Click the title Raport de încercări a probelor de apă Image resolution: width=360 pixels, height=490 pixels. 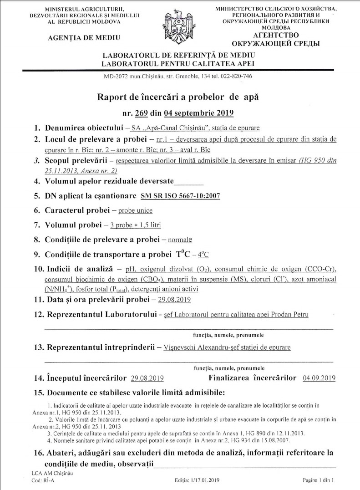coord(180,97)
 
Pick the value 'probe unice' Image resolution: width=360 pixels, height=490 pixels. coord(135,210)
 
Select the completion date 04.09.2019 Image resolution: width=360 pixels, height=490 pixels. coord(319,378)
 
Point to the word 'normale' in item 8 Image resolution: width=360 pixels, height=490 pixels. coord(180,240)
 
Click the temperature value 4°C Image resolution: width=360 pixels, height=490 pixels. coord(206,254)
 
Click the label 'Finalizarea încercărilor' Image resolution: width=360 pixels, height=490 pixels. coord(252,378)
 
